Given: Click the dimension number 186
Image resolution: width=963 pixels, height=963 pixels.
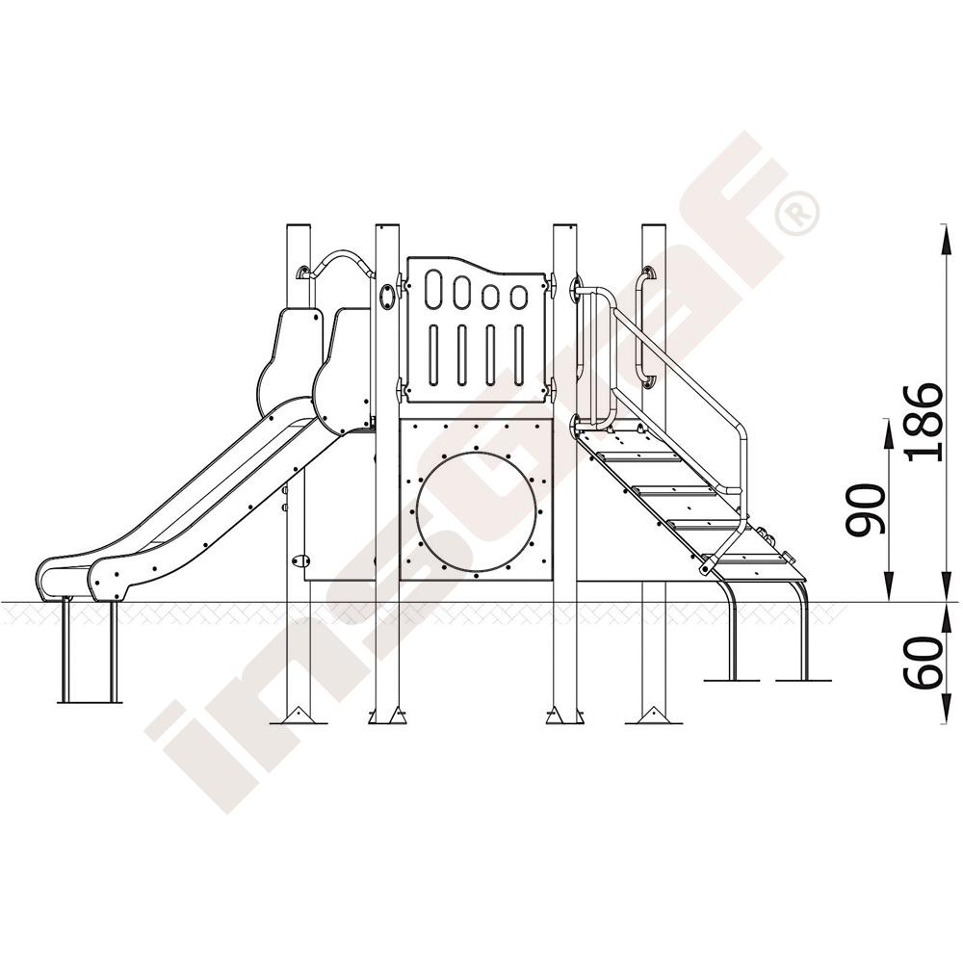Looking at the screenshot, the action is coord(924,422).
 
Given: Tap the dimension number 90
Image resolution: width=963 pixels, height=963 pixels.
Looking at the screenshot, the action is coord(865,509).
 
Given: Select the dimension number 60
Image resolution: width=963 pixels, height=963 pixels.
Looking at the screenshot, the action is coord(924,662).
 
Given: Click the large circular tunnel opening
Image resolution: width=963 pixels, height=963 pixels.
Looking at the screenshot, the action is coord(476,513).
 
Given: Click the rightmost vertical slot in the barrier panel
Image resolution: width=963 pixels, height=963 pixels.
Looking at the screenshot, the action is coord(519,355).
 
